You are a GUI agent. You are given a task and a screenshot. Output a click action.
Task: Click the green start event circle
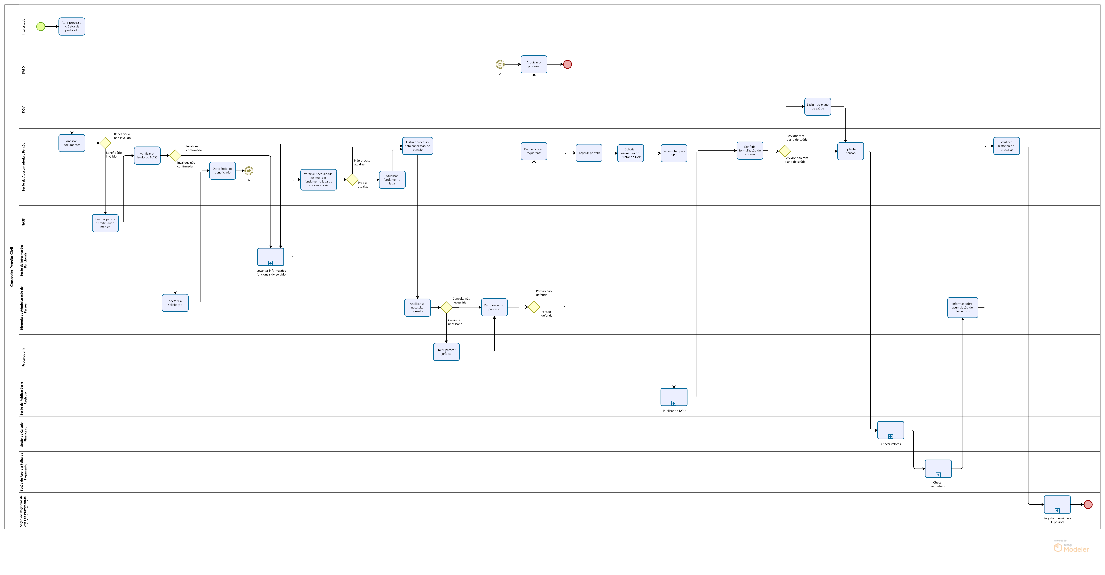[41, 27]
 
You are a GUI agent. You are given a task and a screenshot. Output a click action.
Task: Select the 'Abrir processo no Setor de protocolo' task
[72, 27]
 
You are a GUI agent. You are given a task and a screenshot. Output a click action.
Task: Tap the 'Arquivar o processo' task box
[534, 64]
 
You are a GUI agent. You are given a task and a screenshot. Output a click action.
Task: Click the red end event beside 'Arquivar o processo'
[567, 64]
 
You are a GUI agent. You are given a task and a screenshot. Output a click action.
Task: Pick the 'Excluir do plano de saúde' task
[817, 106]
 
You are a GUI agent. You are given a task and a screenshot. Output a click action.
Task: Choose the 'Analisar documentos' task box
[72, 143]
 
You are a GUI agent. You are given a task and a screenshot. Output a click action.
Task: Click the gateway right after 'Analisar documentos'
[105, 143]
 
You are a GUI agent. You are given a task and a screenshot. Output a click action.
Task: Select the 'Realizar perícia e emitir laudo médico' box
[105, 223]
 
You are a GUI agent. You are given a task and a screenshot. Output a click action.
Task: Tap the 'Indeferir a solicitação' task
[175, 303]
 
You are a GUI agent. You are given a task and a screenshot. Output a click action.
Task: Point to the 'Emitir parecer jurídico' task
[446, 352]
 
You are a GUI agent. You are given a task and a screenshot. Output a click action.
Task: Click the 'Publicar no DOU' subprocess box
[673, 397]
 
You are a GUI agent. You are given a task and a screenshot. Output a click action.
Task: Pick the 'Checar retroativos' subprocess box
[938, 469]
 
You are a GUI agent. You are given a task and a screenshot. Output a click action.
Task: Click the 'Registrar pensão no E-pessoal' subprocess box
[1057, 505]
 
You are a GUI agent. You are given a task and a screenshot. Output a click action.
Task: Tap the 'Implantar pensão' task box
[850, 151]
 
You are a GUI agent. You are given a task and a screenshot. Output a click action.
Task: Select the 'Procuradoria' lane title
[24, 357]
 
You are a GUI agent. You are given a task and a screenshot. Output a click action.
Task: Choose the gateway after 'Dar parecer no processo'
[534, 307]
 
